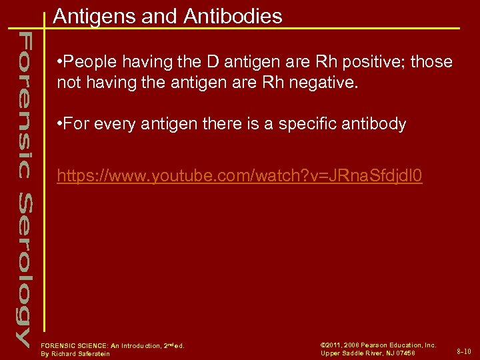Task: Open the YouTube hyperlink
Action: [239, 177]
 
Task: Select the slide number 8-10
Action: [464, 351]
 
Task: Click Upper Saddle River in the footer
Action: [350, 353]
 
